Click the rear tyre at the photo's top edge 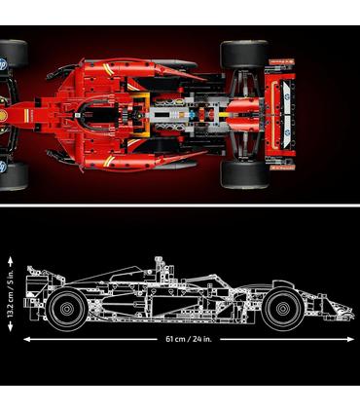coord(243,54)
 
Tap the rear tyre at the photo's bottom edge coord(243,173)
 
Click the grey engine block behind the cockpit coord(180,113)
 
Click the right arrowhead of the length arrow coord(352,339)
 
